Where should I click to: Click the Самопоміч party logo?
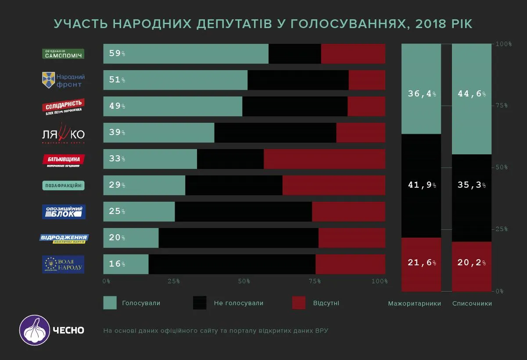pos(63,53)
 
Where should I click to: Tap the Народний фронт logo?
pos(63,80)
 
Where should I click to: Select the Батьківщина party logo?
pos(64,160)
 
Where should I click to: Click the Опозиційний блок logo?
pos(64,211)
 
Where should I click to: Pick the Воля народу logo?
pos(64,264)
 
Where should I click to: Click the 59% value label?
pos(117,53)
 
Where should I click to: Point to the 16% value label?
pos(117,264)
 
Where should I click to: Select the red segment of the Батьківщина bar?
pos(324,159)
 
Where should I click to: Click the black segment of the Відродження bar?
pos(238,238)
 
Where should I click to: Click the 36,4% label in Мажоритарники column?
pos(421,94)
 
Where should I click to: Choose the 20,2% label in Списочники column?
pos(471,263)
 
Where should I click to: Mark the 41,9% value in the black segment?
pos(421,185)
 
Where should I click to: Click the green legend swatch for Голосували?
pos(110,303)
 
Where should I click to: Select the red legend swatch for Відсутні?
pos(299,303)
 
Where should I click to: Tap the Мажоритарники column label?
pos(414,303)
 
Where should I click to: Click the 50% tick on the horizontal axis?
pos(244,281)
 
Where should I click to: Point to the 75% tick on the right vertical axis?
pos(501,106)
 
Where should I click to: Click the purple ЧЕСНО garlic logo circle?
pos(34,330)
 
